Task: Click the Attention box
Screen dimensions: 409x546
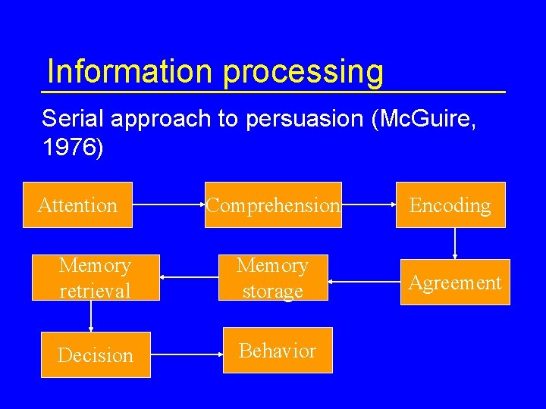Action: click(78, 204)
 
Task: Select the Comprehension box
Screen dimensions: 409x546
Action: click(273, 204)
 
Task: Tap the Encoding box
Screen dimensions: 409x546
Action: click(450, 204)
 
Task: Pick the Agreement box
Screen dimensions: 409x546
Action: click(455, 282)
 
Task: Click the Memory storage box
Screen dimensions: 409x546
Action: click(272, 277)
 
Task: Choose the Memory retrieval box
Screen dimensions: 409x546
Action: click(95, 277)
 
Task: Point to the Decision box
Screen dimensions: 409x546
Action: click(95, 354)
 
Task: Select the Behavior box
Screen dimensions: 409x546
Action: click(278, 350)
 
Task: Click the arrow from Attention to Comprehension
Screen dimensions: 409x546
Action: click(168, 204)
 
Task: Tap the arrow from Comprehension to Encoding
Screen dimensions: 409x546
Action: click(369, 204)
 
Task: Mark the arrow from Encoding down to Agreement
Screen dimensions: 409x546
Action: click(455, 243)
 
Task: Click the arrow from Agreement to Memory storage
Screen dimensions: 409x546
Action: click(364, 283)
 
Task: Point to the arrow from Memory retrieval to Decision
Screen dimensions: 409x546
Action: click(91, 317)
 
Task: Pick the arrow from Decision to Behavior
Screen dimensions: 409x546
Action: click(187, 354)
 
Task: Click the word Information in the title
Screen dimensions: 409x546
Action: click(129, 71)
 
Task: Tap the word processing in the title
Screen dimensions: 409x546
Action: click(303, 73)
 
